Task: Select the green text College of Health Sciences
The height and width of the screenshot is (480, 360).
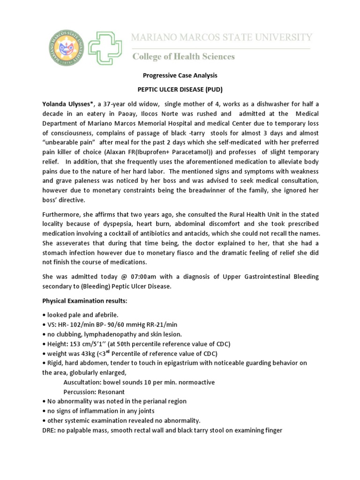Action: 184,57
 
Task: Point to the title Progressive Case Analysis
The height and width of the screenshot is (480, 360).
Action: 180,75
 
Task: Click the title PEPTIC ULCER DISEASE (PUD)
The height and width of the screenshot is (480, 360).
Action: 180,89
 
